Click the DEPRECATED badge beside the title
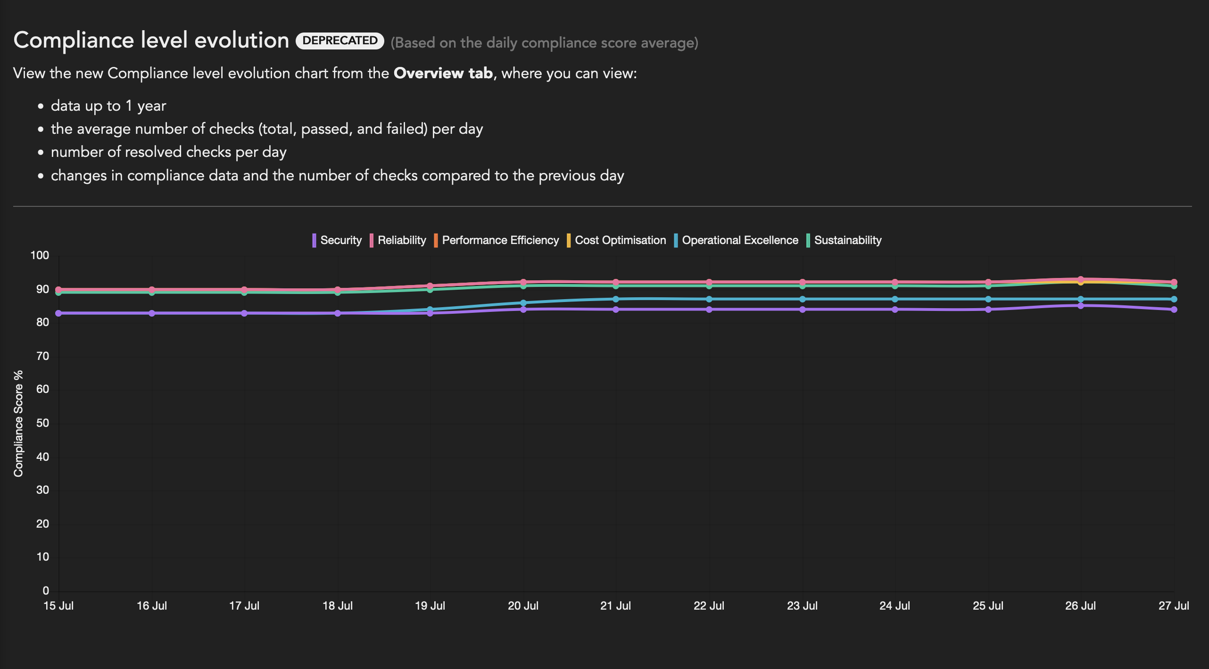pyautogui.click(x=340, y=41)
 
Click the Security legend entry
pyautogui.click(x=337, y=240)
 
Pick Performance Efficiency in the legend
pyautogui.click(x=496, y=240)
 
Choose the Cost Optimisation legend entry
pyautogui.click(x=616, y=240)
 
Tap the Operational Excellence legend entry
pyautogui.click(x=736, y=240)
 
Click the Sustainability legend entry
pyautogui.click(x=844, y=240)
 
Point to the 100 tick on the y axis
pyautogui.click(x=40, y=255)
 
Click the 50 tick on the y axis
pyautogui.click(x=42, y=423)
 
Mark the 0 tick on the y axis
pyautogui.click(x=46, y=591)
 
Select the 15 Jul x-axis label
pyautogui.click(x=58, y=606)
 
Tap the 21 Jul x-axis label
pyautogui.click(x=615, y=606)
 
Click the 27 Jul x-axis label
pyautogui.click(x=1174, y=606)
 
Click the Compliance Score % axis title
pyautogui.click(x=18, y=424)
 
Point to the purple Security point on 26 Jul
pyautogui.click(x=1081, y=306)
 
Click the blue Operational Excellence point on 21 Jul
pyautogui.click(x=616, y=299)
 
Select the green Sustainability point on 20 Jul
pyautogui.click(x=523, y=286)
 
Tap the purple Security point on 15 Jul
pyautogui.click(x=58, y=313)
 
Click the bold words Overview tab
pyautogui.click(x=443, y=73)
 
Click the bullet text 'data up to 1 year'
pyautogui.click(x=108, y=106)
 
